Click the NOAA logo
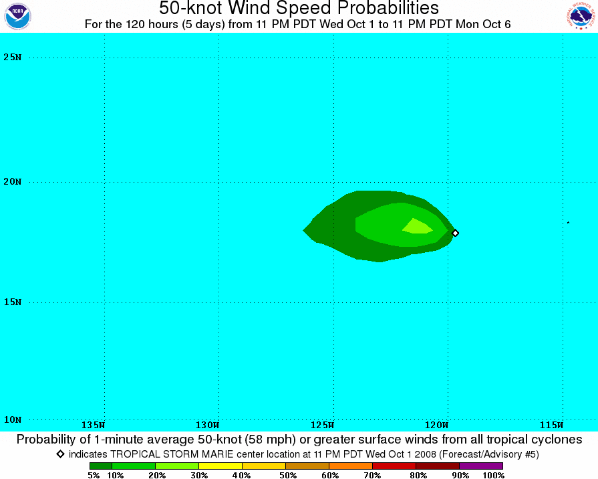(17, 17)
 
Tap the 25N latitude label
(12, 58)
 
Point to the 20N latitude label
(12, 181)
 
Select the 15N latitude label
(12, 302)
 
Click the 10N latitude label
(12, 419)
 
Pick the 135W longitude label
(94, 425)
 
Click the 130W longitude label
(208, 425)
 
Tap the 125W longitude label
(322, 425)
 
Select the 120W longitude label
(437, 425)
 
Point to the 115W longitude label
(551, 425)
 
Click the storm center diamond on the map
(455, 233)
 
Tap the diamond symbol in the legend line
(60, 454)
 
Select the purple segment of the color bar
(481, 466)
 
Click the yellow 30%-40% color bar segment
(220, 466)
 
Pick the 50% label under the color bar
(288, 475)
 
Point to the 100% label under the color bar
(494, 475)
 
